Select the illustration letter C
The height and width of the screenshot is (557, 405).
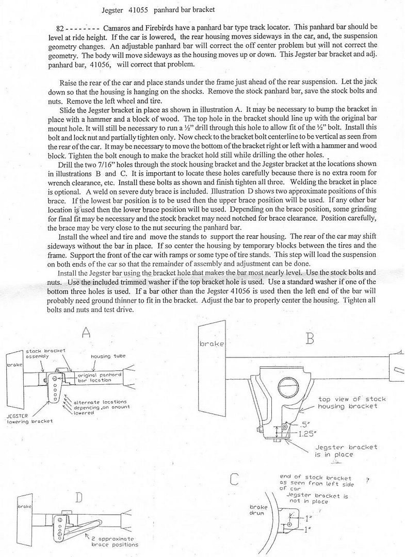point(234,479)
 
